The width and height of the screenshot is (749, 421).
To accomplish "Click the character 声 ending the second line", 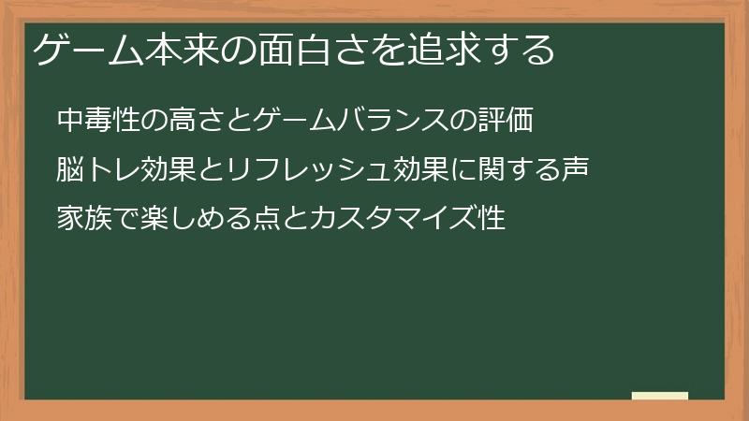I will (x=573, y=169).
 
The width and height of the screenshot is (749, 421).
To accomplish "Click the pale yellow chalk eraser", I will (x=660, y=396).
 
